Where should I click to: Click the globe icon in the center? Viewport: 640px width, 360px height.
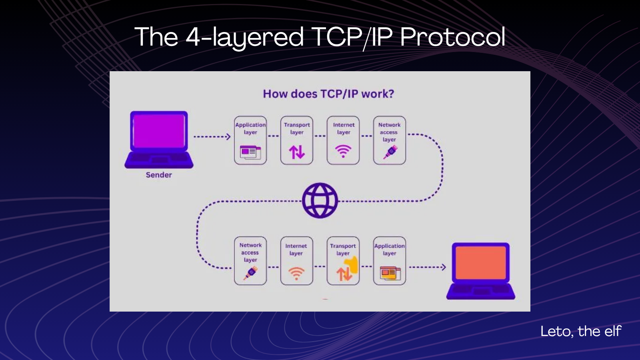pyautogui.click(x=320, y=200)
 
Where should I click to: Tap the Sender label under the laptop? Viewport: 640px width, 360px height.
pyautogui.click(x=159, y=175)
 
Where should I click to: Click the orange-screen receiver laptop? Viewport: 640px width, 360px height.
pyautogui.click(x=481, y=270)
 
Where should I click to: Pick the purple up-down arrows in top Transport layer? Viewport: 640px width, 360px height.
pyautogui.click(x=297, y=152)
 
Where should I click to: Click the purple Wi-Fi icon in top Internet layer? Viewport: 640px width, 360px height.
pyautogui.click(x=343, y=151)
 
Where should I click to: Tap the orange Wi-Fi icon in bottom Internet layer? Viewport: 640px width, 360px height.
pyautogui.click(x=296, y=273)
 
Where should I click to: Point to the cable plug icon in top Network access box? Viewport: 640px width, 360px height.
pyautogui.click(x=390, y=152)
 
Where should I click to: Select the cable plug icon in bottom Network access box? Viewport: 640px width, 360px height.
pyautogui.click(x=251, y=273)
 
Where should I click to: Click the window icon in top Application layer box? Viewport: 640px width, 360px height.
pyautogui.click(x=250, y=152)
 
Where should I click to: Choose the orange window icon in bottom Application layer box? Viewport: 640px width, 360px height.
pyautogui.click(x=390, y=273)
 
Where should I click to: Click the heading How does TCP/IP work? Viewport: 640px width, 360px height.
pyautogui.click(x=328, y=94)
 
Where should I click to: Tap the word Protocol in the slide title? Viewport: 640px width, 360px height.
pyautogui.click(x=452, y=37)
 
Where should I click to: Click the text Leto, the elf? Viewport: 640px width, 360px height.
pyautogui.click(x=580, y=331)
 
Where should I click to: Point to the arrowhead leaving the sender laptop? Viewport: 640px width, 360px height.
pyautogui.click(x=228, y=137)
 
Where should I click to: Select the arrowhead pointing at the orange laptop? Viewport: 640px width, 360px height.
pyautogui.click(x=443, y=267)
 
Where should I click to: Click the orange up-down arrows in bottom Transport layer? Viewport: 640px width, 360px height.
pyautogui.click(x=344, y=274)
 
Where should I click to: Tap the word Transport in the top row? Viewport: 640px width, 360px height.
pyautogui.click(x=297, y=125)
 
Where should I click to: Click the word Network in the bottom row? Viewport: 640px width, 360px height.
pyautogui.click(x=250, y=245)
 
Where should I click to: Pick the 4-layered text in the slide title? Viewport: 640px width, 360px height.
pyautogui.click(x=244, y=37)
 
